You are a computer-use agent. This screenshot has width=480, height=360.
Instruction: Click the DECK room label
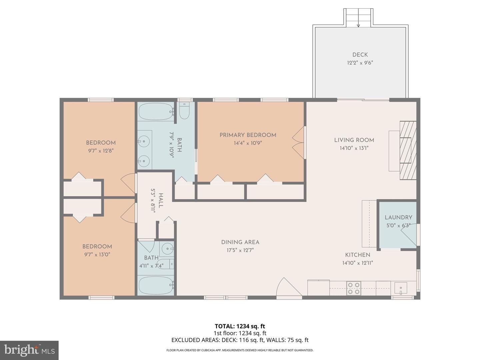tap(360, 55)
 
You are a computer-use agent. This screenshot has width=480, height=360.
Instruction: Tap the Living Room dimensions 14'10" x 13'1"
tap(354, 148)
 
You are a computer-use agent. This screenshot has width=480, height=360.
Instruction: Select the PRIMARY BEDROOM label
tap(248, 135)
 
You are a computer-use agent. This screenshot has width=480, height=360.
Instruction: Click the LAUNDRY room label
tap(398, 217)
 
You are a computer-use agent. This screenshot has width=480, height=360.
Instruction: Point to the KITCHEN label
tap(357, 255)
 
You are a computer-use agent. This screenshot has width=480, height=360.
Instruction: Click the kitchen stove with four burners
tap(353, 288)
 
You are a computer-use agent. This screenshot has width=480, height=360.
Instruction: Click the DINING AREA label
tap(240, 242)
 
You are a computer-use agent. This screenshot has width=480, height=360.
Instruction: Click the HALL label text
tap(161, 201)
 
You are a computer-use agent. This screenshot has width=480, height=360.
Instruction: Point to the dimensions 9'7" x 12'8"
tap(101, 151)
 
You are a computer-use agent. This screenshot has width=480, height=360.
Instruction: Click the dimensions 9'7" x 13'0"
tap(97, 255)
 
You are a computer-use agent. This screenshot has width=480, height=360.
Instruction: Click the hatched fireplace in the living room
tap(408, 150)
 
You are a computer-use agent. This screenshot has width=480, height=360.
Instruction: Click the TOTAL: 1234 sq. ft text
tap(240, 326)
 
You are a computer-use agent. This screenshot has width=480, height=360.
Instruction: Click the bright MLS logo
tap(29, 350)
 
